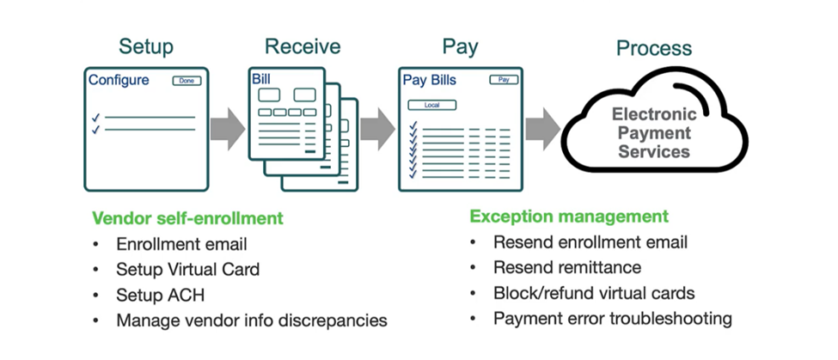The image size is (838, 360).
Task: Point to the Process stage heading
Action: [654, 48]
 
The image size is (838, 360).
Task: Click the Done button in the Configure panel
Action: [187, 81]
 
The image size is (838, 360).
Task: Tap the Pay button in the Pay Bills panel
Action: [504, 80]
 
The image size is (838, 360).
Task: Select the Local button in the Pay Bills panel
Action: [431, 105]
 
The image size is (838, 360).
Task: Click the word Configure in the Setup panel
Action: [119, 81]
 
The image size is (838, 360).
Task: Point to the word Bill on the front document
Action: [261, 79]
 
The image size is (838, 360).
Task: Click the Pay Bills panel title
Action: [430, 81]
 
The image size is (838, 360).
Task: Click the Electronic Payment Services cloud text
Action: [651, 132]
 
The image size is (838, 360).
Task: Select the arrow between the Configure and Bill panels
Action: [226, 129]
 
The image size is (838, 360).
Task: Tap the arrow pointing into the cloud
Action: [541, 129]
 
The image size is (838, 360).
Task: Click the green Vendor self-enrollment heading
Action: [187, 218]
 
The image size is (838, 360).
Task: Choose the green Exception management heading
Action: [568, 217]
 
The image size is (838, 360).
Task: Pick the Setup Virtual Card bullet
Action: [187, 269]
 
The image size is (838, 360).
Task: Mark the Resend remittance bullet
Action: [567, 267]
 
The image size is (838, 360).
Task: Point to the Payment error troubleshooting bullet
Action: [612, 319]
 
